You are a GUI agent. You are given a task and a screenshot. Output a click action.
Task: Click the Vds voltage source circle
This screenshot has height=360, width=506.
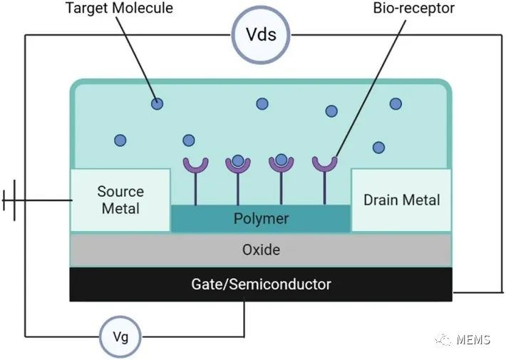pos(261,35)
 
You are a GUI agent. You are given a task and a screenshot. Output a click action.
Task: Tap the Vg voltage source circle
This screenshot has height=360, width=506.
pos(120,336)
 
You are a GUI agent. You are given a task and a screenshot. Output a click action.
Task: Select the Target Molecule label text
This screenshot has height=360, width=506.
pos(120,8)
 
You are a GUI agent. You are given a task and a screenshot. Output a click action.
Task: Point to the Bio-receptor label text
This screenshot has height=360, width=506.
pos(413,8)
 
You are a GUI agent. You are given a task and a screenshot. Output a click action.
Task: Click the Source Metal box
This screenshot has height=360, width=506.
pos(120,200)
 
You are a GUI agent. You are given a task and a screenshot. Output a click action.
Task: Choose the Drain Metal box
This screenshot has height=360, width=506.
pos(401,200)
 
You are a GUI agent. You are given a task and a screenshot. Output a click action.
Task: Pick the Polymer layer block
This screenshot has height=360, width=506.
pos(261,218)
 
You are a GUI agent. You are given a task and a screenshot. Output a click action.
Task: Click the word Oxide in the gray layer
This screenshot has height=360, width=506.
pos(261,250)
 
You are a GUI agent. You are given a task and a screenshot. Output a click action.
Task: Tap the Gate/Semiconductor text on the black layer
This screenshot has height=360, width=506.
pos(261,284)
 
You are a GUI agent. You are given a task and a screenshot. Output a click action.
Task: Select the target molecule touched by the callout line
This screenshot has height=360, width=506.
pos(158,103)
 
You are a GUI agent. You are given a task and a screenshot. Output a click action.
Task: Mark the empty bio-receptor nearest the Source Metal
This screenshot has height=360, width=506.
pos(195,165)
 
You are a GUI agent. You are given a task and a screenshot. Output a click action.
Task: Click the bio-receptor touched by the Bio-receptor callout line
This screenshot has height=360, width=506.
pos(325,165)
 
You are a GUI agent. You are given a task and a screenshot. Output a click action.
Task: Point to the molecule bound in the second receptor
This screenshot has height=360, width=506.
pos(238,160)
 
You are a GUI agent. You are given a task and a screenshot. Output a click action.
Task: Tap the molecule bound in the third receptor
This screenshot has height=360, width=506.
pos(281,160)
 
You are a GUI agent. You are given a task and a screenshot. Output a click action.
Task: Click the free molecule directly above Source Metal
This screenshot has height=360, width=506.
pos(120,140)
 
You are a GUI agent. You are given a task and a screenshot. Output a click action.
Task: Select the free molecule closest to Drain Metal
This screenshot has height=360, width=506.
pos(378,148)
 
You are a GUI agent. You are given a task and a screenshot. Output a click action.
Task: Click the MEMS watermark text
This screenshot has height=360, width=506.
pos(473,339)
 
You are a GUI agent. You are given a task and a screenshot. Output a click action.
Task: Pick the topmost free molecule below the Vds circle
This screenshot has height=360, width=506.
pos(262,103)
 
